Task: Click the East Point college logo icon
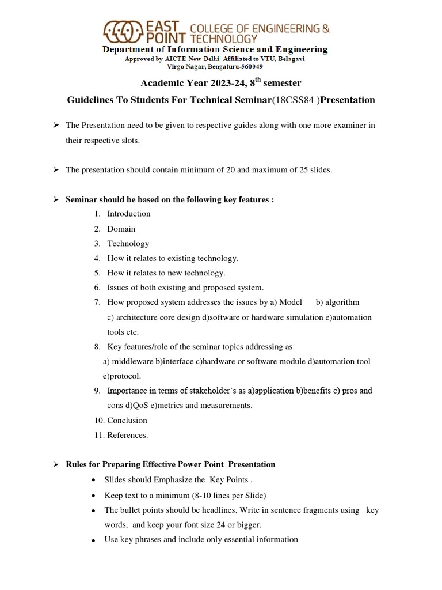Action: point(123,32)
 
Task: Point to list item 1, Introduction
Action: point(129,214)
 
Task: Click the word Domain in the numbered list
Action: point(121,229)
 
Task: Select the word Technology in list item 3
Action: point(128,244)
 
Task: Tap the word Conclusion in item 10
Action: point(127,421)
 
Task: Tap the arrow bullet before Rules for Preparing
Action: point(56,464)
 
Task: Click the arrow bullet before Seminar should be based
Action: point(56,199)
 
